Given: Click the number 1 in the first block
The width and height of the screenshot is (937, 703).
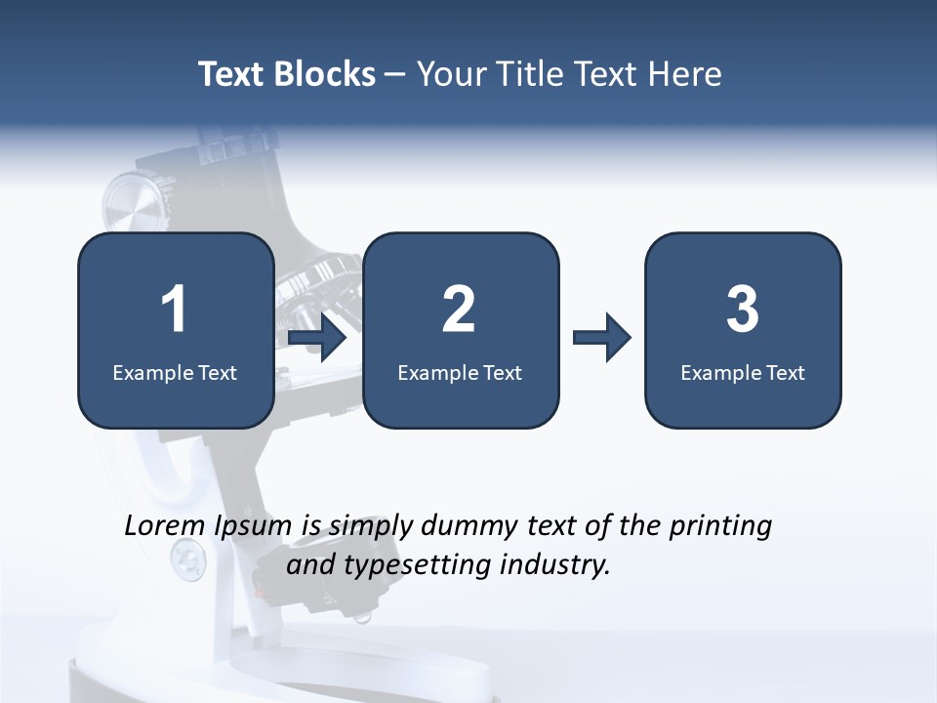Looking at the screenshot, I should click(x=174, y=310).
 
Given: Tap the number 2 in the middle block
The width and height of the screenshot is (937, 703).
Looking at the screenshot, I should click(x=459, y=310).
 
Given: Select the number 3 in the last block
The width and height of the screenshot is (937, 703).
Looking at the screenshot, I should click(x=743, y=310).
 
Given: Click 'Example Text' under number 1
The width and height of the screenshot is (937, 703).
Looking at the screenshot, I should click(x=175, y=372).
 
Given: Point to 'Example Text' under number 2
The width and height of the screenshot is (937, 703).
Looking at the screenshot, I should click(x=460, y=372).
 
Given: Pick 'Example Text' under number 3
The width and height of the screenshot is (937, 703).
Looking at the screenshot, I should click(x=743, y=372).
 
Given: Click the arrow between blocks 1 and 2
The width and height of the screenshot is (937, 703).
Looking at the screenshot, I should click(x=318, y=338).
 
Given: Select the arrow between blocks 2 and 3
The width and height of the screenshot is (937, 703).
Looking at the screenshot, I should click(x=601, y=338).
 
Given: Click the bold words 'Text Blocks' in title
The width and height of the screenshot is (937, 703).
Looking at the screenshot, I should click(x=287, y=74).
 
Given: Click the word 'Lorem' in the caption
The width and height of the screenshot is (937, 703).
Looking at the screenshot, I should click(x=164, y=525).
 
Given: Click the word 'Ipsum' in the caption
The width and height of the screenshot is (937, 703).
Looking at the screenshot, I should click(x=252, y=527).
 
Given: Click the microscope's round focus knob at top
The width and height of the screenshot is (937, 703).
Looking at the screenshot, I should click(x=131, y=200).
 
